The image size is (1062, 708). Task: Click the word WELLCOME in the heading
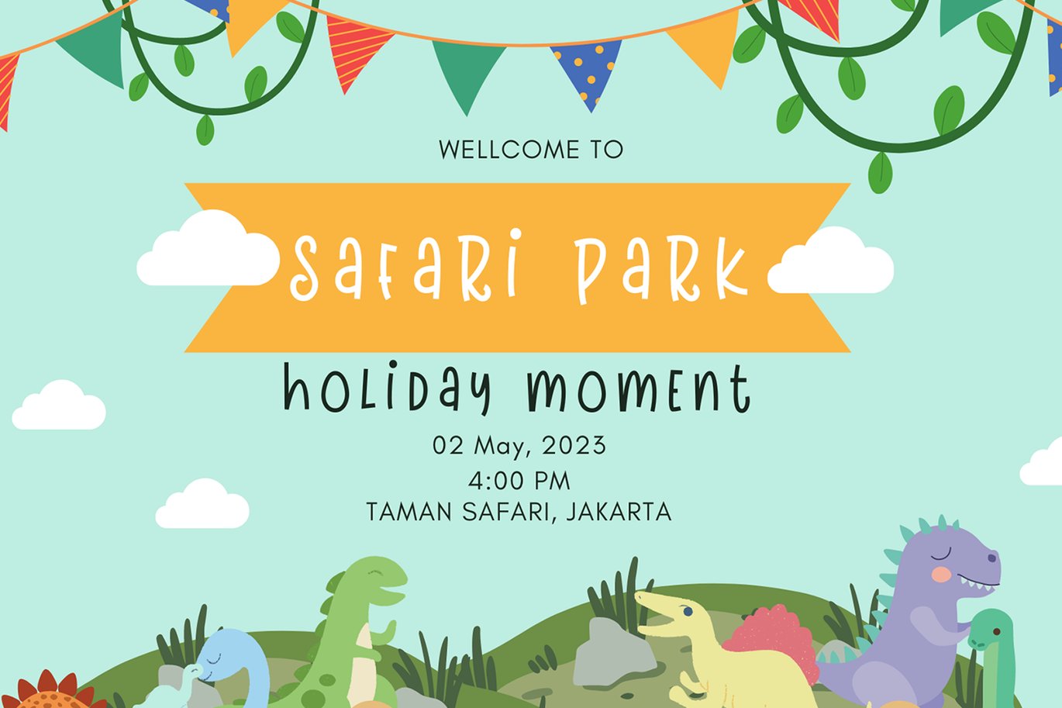coord(509,150)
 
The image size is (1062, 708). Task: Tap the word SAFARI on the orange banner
coord(405,265)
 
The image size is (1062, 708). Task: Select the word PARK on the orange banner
coord(662,269)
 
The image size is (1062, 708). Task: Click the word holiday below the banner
coord(386,389)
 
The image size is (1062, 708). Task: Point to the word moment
coord(639,389)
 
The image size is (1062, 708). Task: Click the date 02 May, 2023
coord(519,446)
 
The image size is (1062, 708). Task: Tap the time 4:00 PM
coord(519,481)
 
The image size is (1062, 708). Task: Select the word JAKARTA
coord(619,512)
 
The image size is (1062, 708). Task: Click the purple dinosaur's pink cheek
coord(941,575)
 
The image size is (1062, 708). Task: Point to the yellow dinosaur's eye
coord(688,612)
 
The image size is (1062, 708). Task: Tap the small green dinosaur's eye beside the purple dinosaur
coord(997,632)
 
